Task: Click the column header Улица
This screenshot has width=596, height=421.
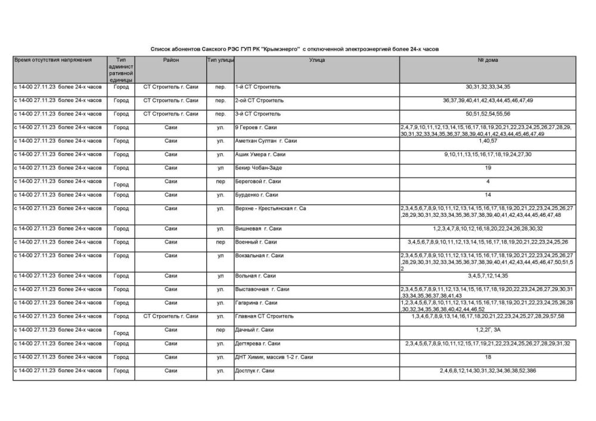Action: click(x=316, y=60)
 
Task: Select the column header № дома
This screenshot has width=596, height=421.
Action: click(x=488, y=60)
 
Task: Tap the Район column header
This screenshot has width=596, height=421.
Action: click(x=170, y=60)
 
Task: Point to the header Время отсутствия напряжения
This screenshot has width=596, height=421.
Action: click(x=53, y=60)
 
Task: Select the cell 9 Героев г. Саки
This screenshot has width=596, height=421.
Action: click(x=256, y=127)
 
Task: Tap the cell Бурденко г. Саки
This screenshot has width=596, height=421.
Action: click(x=256, y=195)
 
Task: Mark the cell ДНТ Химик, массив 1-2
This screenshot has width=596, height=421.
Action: click(x=274, y=357)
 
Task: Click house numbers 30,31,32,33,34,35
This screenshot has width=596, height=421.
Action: click(x=488, y=87)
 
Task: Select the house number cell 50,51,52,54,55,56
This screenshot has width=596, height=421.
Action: click(x=488, y=114)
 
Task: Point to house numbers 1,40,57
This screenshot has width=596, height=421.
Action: click(x=488, y=141)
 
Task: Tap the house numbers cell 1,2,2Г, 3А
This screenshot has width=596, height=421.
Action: click(x=488, y=330)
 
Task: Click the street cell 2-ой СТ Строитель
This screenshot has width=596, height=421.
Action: click(x=259, y=100)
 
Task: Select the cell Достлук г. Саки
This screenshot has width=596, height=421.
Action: click(x=255, y=371)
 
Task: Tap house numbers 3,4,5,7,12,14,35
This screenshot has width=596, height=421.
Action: click(x=488, y=276)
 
